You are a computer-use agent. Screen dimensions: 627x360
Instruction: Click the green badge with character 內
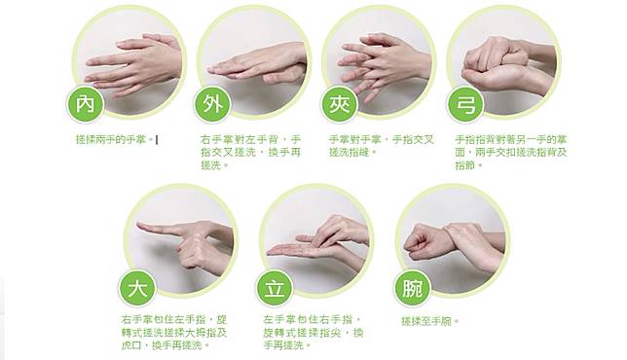coord(86,104)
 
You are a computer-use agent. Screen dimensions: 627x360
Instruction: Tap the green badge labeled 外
coord(212,104)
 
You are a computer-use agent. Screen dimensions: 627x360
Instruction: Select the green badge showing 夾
coord(340,104)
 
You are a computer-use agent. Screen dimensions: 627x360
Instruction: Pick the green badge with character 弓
coord(465,104)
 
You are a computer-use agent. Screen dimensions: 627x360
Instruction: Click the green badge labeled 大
coord(137,288)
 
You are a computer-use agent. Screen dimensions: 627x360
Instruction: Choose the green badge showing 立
coord(275,288)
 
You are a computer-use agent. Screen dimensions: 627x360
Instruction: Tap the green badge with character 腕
coord(412,288)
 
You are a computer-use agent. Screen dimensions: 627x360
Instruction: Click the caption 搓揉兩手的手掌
coord(114,139)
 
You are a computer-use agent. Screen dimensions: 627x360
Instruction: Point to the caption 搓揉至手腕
coord(430,321)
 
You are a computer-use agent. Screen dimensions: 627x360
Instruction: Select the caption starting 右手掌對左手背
coord(251,152)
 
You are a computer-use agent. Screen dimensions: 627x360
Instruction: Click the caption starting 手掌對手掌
coord(381,146)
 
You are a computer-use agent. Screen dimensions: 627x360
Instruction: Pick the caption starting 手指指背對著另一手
coord(510,152)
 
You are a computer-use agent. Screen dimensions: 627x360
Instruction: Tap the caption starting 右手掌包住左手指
coord(174,333)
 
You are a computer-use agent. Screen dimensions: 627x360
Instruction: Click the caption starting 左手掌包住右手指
coord(313,333)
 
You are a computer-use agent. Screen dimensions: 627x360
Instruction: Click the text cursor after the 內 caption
coord(157,140)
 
